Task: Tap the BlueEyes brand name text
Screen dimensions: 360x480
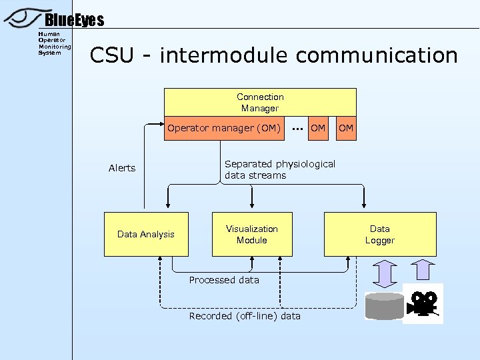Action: coord(74,21)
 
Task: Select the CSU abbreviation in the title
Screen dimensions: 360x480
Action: coord(111,55)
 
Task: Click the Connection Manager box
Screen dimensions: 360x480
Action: coord(260,102)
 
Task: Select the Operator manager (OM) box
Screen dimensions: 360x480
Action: coord(225,128)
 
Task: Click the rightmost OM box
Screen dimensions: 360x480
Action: coord(346,128)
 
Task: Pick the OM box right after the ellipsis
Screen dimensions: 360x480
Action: coord(319,128)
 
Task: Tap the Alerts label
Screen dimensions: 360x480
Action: coord(122,168)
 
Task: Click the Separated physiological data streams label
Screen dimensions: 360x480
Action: coord(279,169)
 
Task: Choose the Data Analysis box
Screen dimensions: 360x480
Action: coord(146,234)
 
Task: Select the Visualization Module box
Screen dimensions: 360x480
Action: coord(252,234)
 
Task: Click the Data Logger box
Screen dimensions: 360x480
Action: coord(380,234)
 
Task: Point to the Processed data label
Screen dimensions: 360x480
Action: coord(224,280)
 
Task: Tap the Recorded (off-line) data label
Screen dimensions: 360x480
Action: coord(245,316)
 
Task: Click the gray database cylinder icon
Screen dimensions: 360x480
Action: coord(385,306)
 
